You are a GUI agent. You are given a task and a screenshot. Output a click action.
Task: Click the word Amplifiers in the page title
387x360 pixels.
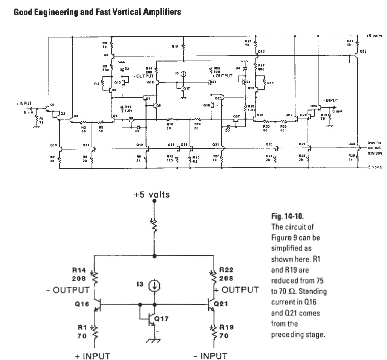(x=155, y=11)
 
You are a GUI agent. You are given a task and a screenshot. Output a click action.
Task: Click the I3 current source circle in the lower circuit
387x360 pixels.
(x=155, y=286)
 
